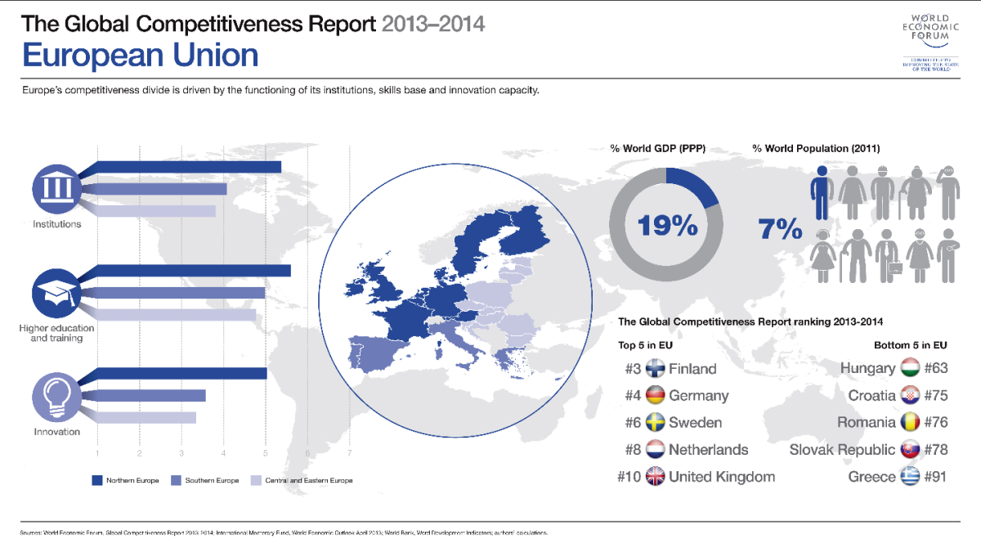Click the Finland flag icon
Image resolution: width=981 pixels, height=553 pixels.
click(656, 368)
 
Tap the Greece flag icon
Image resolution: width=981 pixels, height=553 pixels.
click(910, 476)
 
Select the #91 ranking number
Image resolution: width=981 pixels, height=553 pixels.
click(935, 476)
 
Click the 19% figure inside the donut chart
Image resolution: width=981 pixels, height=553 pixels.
click(667, 225)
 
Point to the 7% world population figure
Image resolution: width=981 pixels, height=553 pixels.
click(780, 229)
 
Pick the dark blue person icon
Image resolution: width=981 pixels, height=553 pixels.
click(821, 191)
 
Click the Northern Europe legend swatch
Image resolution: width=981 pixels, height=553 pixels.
click(96, 480)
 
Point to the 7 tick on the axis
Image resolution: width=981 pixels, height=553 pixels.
click(350, 452)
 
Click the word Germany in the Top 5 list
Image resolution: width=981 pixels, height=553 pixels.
click(698, 395)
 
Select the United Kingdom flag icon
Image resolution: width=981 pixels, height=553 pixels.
click(656, 476)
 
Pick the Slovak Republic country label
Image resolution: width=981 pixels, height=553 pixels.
click(841, 449)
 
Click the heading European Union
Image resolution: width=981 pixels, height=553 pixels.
click(140, 55)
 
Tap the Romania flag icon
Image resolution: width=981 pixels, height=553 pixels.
click(910, 422)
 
